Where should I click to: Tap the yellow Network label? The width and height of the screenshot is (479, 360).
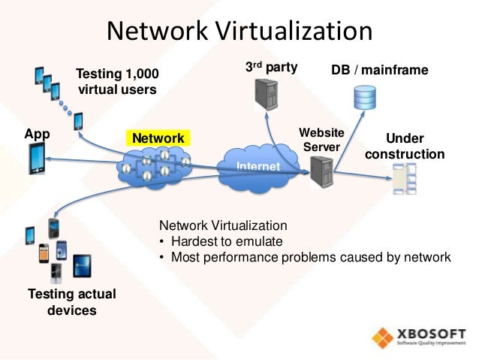[158, 138]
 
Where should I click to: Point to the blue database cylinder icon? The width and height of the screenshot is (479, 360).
[365, 96]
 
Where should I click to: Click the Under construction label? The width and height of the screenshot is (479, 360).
[404, 147]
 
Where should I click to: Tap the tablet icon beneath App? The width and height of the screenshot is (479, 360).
[37, 159]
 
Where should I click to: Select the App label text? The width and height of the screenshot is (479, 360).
[37, 135]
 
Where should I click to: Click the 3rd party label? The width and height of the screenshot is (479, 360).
[272, 67]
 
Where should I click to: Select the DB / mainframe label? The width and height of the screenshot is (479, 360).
[379, 70]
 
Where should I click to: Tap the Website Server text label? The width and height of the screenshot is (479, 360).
[321, 139]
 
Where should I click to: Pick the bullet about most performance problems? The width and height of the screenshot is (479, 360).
[305, 257]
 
